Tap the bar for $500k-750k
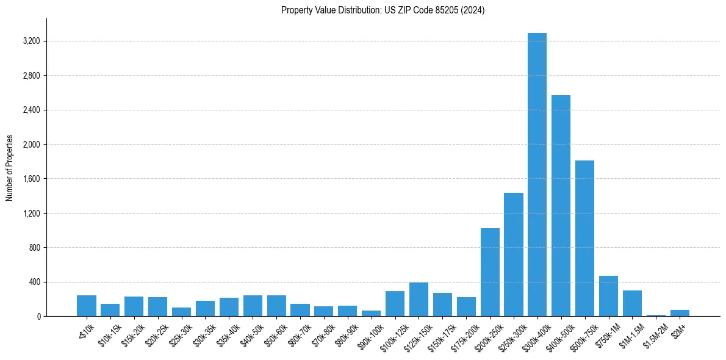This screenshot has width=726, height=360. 584,239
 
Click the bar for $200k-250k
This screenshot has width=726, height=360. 490,272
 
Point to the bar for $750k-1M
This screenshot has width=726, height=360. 608,296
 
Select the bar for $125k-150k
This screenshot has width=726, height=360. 419,300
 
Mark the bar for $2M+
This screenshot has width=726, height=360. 680,313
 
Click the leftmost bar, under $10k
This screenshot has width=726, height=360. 86,306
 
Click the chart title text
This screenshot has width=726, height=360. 383,10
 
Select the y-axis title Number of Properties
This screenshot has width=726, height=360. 10,168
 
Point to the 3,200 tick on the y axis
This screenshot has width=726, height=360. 31,41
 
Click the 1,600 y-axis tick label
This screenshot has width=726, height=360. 31,179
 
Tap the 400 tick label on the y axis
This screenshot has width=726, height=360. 33,282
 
